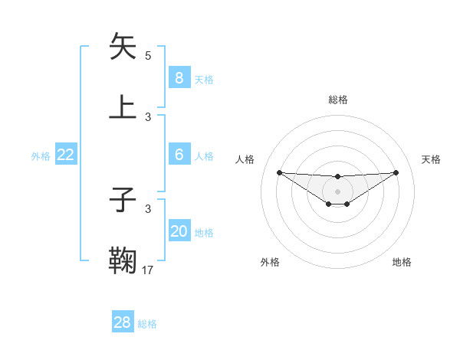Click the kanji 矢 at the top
[x=123, y=47]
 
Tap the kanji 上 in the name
[x=123, y=107]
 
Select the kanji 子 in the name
[x=123, y=201]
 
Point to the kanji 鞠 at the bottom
[x=123, y=260]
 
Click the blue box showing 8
[x=179, y=78]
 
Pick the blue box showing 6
[x=179, y=155]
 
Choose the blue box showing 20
[x=179, y=231]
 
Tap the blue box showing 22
[x=66, y=155]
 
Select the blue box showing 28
[x=122, y=322]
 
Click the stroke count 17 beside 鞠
[x=148, y=270]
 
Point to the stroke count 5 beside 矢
[x=148, y=56]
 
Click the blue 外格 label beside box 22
[x=41, y=156]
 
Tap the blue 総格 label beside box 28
[x=147, y=324]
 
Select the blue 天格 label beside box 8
[x=204, y=80]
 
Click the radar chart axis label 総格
[x=337, y=100]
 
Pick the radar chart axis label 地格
[x=402, y=262]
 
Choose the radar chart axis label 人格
[x=245, y=159]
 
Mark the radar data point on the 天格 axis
[x=396, y=172]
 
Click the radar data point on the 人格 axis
[x=279, y=172]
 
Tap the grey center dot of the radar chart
[x=337, y=191]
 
